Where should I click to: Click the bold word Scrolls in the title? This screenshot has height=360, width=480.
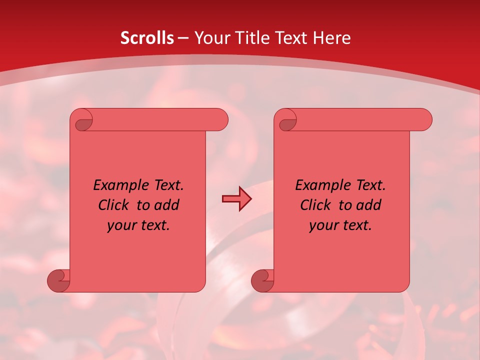[147, 38]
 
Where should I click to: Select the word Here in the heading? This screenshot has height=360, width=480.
[331, 38]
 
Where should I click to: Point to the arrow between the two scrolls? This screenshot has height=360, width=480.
[236, 199]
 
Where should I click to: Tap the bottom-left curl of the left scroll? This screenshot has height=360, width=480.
[59, 280]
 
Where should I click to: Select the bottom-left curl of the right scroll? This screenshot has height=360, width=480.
[263, 280]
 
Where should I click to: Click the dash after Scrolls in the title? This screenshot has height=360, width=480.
[183, 38]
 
